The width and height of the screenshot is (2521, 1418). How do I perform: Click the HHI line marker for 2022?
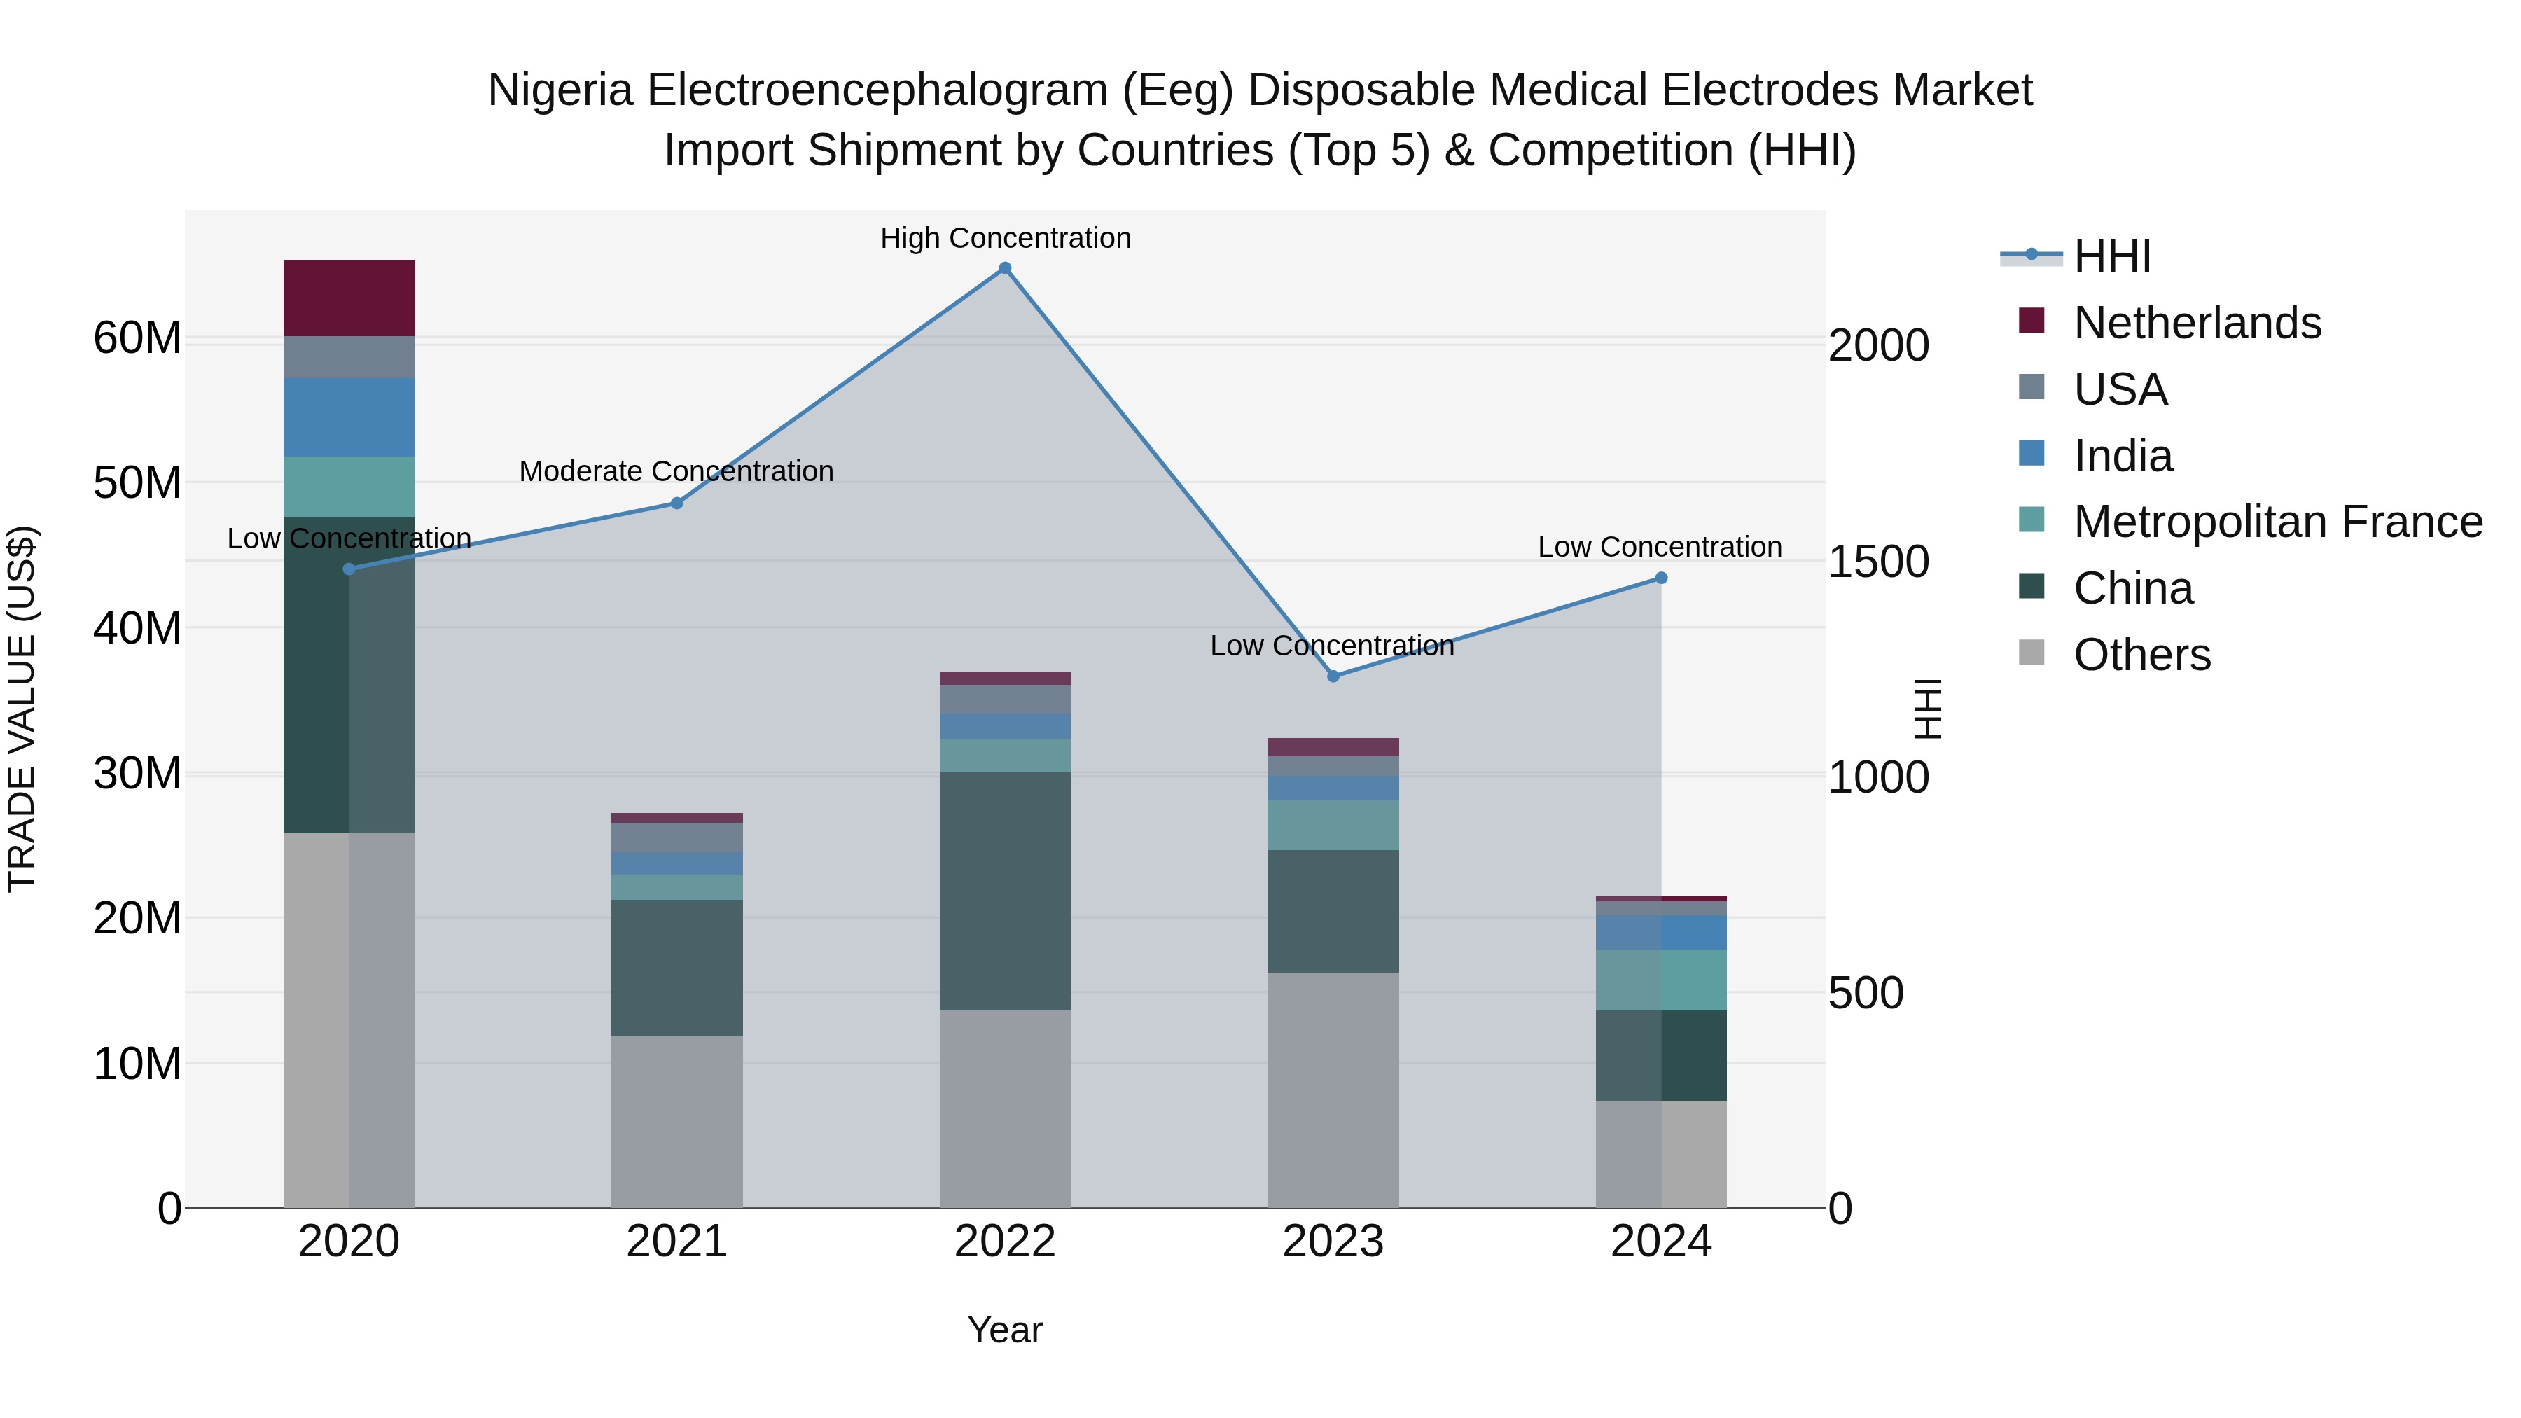(1004, 268)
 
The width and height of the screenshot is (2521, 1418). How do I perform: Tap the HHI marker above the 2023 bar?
(1332, 676)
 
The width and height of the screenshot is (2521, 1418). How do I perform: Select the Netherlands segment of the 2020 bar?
(349, 298)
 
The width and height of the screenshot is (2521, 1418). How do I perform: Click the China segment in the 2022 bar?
(1004, 891)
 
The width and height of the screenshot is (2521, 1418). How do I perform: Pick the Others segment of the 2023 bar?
(1332, 1089)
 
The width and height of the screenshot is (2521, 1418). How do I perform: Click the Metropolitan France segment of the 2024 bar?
(1661, 980)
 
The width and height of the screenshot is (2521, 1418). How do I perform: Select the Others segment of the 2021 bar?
(676, 1122)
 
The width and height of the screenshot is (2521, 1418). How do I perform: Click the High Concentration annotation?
(1005, 238)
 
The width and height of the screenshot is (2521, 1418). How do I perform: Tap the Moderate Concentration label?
(676, 471)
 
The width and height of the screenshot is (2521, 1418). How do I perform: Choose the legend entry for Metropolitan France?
(2277, 522)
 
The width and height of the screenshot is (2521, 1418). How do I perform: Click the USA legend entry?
(2120, 389)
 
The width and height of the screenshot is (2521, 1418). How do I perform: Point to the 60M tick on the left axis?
(137, 339)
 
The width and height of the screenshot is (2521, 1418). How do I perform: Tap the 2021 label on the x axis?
(676, 1242)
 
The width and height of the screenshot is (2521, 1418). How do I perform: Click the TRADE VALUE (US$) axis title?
(22, 709)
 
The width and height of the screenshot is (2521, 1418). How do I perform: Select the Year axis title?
(1004, 1330)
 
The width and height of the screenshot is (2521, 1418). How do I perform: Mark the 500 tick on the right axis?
(1866, 992)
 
